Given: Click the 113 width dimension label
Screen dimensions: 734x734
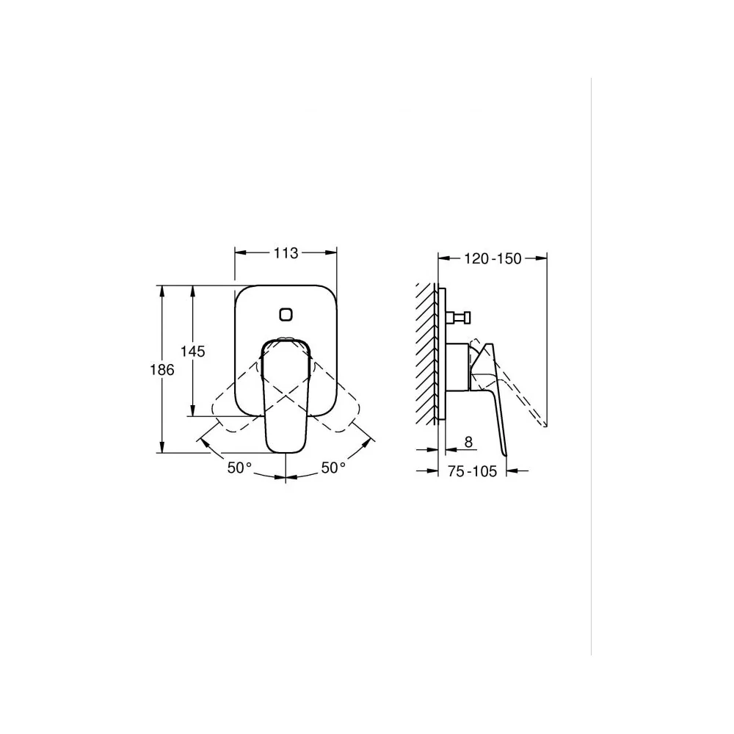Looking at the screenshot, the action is [x=286, y=252].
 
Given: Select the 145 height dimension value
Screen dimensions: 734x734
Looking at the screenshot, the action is [x=193, y=351].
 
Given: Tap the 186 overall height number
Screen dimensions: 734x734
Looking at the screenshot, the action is [x=162, y=370].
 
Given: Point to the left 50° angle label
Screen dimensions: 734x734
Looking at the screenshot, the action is [x=240, y=467].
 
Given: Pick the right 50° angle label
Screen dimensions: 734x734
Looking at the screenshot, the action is [x=333, y=467].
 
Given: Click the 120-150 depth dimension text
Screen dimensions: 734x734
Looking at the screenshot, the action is [x=493, y=258].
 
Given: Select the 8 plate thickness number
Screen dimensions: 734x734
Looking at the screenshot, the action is [x=468, y=442].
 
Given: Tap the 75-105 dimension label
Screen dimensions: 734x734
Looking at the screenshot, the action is [x=472, y=471].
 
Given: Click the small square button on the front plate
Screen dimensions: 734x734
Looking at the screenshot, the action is [x=286, y=314].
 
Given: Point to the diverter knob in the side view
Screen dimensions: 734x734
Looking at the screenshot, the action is [x=458, y=318].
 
